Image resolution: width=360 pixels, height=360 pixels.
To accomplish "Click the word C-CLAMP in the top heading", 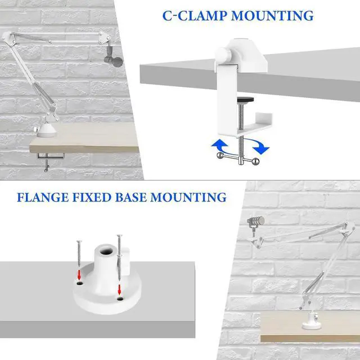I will tap(194, 15).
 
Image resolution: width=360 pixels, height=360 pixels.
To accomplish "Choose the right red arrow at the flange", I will tap(120, 289).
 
